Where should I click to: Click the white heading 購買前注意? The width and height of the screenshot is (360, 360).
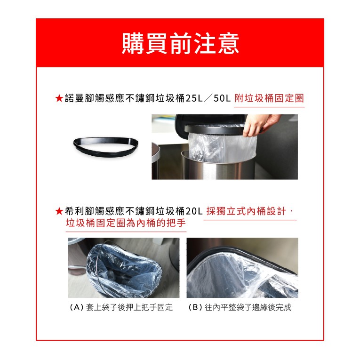[180, 43]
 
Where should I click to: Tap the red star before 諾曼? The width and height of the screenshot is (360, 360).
[59, 98]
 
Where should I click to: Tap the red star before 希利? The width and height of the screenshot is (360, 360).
[59, 211]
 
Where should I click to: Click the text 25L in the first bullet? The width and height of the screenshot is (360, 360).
[194, 98]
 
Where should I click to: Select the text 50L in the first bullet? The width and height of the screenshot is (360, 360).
[222, 98]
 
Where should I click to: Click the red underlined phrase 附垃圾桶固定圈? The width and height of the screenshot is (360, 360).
[269, 98]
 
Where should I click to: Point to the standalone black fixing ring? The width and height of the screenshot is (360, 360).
[106, 146]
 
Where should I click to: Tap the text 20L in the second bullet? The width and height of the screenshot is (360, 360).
[194, 211]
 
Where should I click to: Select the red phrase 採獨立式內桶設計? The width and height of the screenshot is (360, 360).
[246, 211]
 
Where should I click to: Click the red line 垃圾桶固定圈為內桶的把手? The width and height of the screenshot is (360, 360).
[126, 223]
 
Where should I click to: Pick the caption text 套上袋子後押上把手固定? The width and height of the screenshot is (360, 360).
[129, 307]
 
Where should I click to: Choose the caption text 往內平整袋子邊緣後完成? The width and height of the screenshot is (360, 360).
[248, 307]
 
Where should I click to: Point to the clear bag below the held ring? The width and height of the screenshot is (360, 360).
[222, 147]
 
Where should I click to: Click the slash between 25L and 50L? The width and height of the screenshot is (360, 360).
[208, 98]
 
